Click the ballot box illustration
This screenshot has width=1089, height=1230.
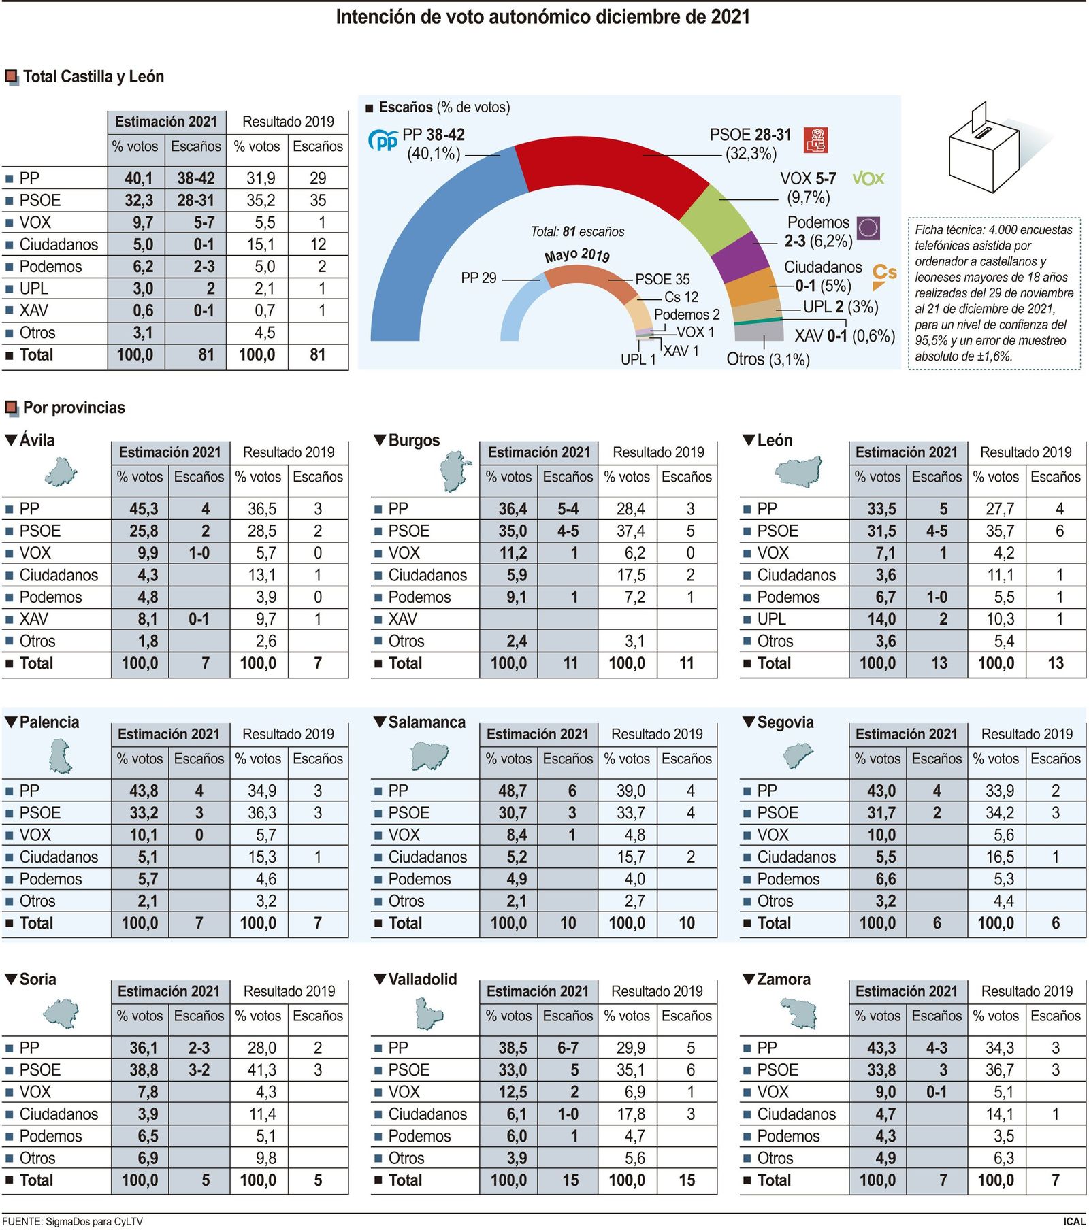click(983, 150)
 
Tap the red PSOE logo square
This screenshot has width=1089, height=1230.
click(815, 140)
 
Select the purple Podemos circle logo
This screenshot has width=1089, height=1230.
click(868, 228)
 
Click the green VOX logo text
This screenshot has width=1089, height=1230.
click(868, 179)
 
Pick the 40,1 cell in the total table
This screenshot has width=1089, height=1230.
click(138, 178)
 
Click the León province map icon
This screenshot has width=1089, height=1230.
click(799, 471)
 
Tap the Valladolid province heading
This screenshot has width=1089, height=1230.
click(422, 979)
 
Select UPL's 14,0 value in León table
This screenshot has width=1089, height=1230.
click(881, 619)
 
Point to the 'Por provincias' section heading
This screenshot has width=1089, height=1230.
click(74, 408)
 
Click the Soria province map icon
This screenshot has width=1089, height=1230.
click(61, 1014)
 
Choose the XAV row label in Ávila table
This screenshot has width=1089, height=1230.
click(33, 619)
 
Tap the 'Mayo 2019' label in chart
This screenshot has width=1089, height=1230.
click(577, 255)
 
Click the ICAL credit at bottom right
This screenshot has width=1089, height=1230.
click(1074, 1221)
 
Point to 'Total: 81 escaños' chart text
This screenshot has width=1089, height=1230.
click(577, 232)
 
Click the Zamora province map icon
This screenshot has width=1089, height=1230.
click(799, 1014)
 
